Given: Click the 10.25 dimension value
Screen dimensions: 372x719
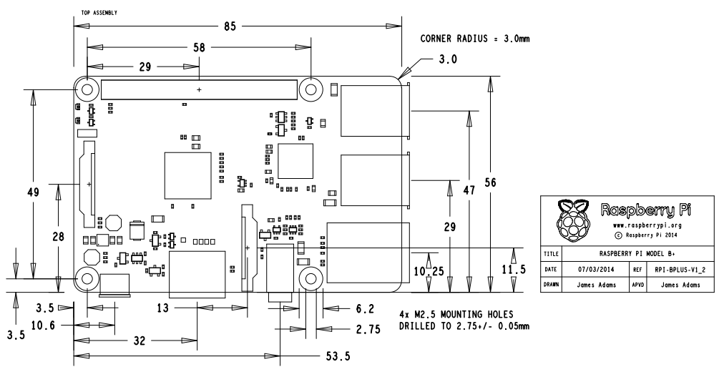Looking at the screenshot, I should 429,273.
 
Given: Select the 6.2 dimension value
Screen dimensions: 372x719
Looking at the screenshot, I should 364,309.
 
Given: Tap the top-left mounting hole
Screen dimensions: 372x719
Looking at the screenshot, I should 87,90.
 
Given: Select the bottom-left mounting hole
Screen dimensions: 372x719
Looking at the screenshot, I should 87,279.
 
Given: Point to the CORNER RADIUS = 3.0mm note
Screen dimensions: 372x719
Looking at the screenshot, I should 474,39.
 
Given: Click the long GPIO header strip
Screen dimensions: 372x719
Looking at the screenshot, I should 199,89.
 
